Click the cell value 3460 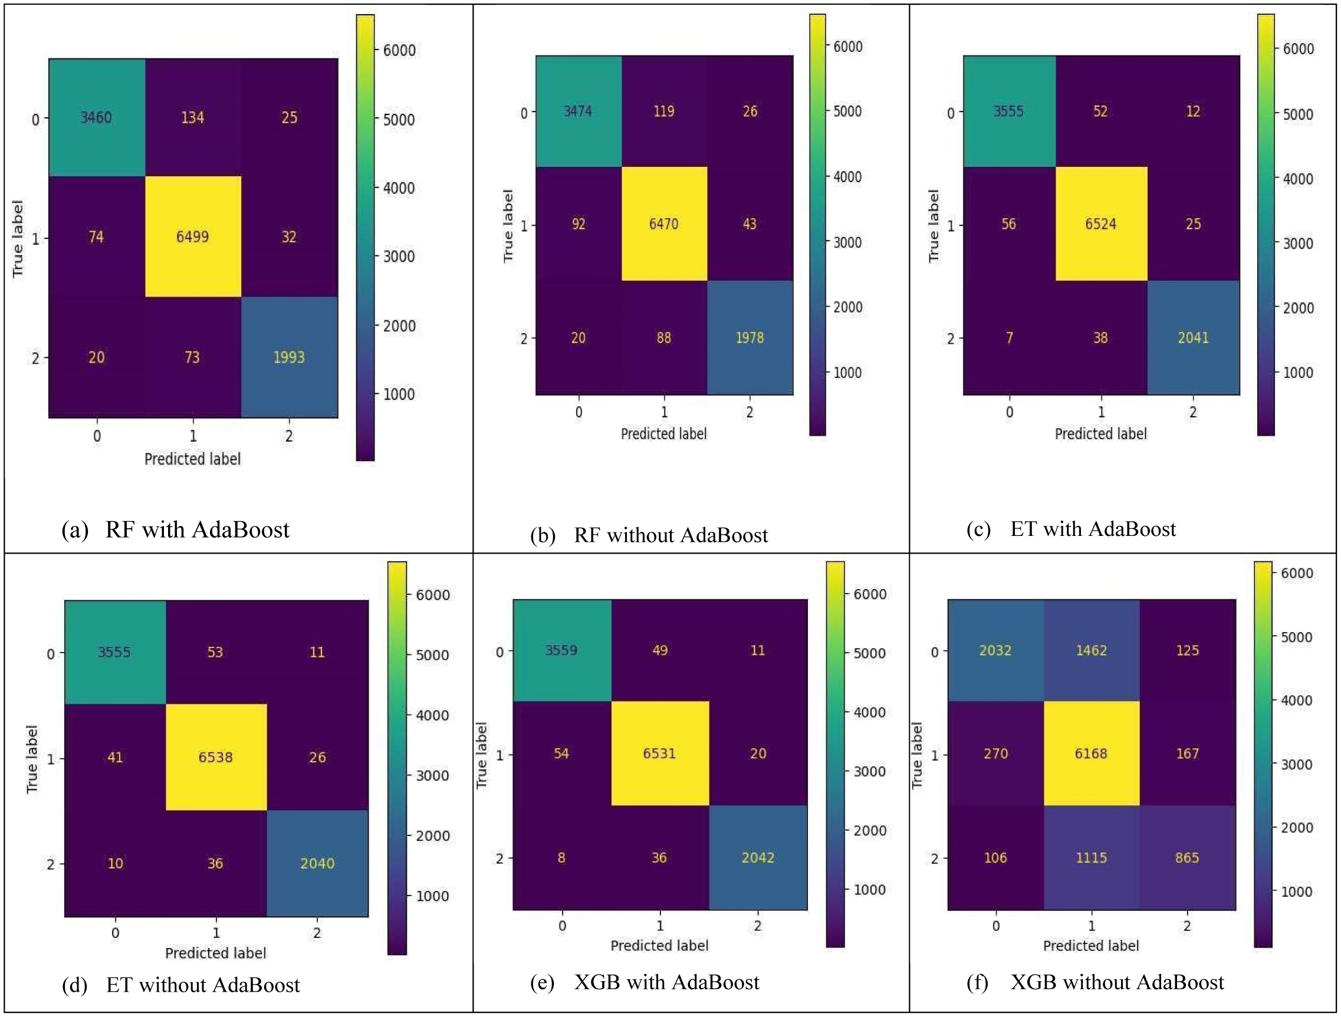96,117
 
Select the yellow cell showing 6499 192,236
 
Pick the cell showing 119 664,111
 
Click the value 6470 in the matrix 664,224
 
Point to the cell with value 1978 750,338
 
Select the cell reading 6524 1100,224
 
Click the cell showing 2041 1193,338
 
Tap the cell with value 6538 215,757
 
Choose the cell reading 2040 317,863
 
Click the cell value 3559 561,650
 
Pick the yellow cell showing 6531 659,753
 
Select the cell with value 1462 1091,650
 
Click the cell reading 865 1187,858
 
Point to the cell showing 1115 1091,858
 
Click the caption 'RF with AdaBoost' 197,529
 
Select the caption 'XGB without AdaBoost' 1117,982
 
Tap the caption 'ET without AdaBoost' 202,985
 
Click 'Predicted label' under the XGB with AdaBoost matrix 659,946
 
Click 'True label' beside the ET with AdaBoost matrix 934,225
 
